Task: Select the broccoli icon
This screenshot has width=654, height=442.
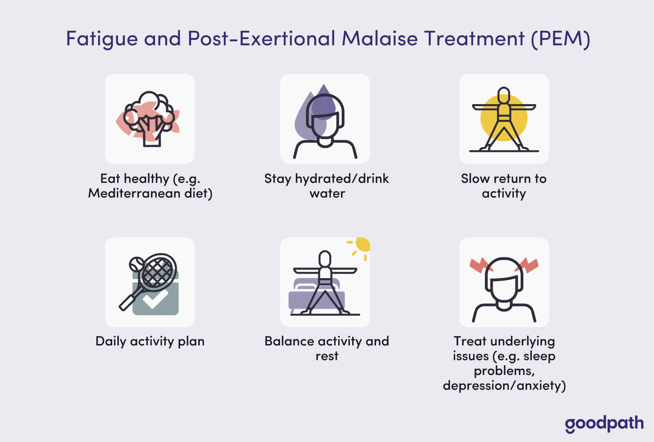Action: tap(149, 119)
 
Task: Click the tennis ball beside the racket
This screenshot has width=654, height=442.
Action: tap(137, 264)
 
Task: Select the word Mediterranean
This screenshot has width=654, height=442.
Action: tap(134, 193)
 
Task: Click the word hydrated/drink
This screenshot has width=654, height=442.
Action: tap(342, 179)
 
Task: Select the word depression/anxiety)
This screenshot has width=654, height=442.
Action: tap(504, 386)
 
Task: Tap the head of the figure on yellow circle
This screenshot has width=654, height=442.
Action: tap(504, 95)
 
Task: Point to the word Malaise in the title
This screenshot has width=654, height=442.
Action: tap(380, 38)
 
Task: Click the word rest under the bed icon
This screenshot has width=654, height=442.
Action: tap(327, 356)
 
